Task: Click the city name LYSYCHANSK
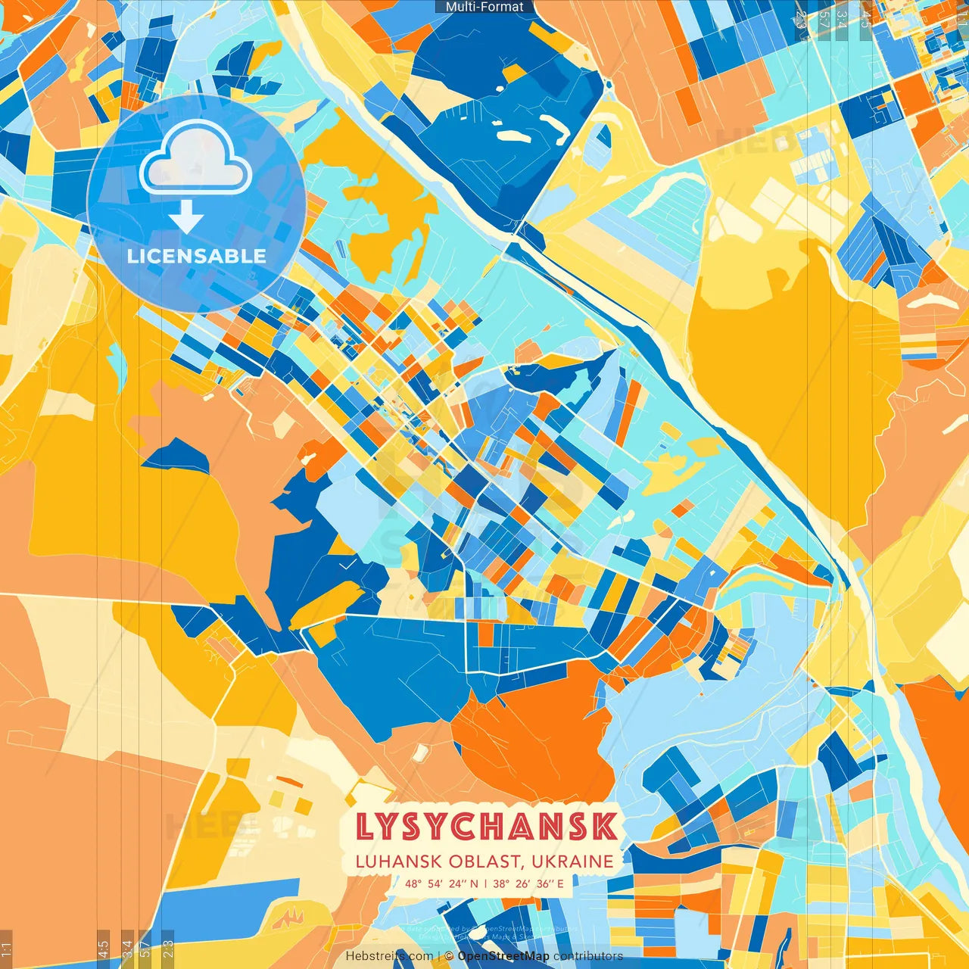(485, 827)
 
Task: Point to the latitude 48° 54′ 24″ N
(441, 883)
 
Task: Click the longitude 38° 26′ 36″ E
(529, 883)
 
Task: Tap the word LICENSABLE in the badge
(197, 256)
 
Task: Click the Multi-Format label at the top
(484, 7)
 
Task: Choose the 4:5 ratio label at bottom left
(103, 948)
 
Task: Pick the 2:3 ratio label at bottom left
(168, 948)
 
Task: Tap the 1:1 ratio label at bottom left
(6, 949)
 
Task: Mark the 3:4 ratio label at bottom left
(127, 948)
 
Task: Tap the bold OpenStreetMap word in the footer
(503, 956)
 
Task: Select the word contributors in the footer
(588, 956)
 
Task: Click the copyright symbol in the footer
(449, 956)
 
